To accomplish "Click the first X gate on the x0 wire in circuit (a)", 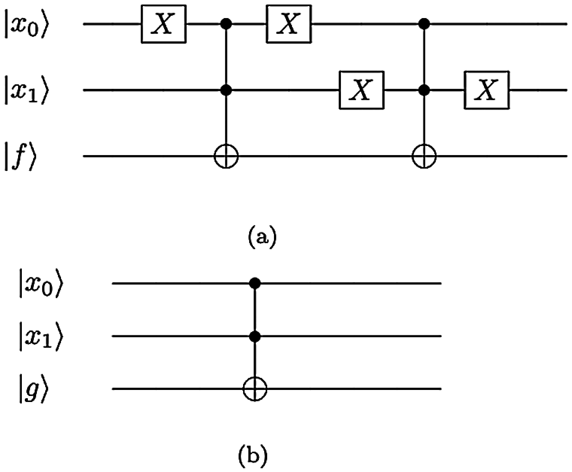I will pyautogui.click(x=164, y=24).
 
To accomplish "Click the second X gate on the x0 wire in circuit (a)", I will pyautogui.click(x=289, y=24).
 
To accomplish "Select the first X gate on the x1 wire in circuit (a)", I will pyautogui.click(x=362, y=90).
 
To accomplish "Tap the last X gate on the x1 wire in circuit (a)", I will pyautogui.click(x=487, y=90).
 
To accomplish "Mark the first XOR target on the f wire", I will pyautogui.click(x=226, y=156).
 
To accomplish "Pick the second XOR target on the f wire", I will pyautogui.click(x=424, y=156).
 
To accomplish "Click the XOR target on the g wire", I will pyautogui.click(x=255, y=388).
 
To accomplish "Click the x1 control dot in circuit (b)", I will pyautogui.click(x=255, y=336).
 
